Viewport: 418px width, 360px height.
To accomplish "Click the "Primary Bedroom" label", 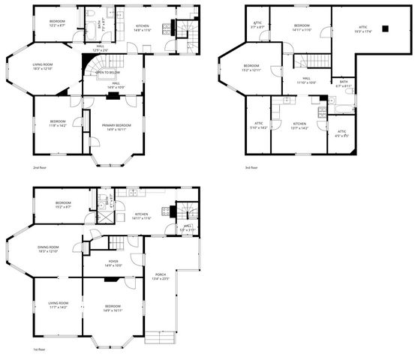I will coord(119,125).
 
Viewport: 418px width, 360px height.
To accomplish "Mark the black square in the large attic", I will coord(383,28).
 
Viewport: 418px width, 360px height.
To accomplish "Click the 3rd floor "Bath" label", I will coord(343,82).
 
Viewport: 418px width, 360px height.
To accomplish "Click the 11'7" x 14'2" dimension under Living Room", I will coord(58,307).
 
